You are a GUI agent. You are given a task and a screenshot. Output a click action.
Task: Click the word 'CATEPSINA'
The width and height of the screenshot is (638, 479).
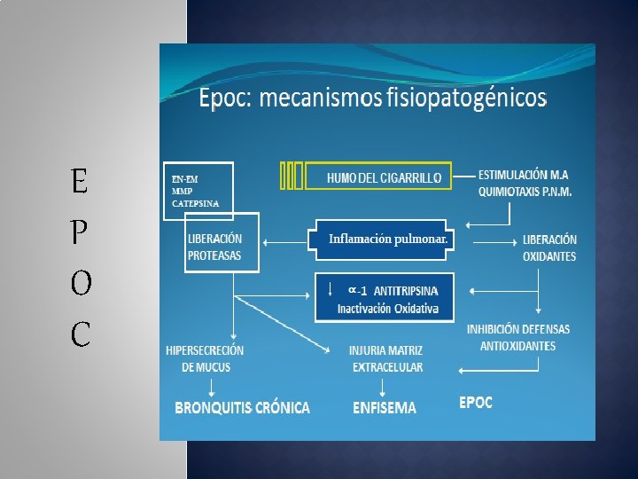195,203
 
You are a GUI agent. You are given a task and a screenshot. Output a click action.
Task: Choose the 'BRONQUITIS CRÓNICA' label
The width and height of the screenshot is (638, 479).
242,408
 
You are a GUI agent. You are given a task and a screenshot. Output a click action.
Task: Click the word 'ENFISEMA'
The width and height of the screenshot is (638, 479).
384,408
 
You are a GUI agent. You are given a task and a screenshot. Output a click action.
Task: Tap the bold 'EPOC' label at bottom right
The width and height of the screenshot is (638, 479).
476,403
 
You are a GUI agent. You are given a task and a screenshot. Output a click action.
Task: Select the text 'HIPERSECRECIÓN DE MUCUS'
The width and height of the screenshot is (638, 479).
205,359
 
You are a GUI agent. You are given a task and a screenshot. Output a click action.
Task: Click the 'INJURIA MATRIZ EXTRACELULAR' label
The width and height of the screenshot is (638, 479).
386,359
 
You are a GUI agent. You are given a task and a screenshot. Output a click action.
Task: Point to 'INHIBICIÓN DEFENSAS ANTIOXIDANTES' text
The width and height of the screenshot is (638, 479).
518,337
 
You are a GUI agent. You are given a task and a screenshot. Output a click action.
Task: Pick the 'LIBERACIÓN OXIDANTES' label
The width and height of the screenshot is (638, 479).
549,248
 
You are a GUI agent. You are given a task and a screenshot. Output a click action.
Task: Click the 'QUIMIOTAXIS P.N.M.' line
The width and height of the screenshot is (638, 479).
525,191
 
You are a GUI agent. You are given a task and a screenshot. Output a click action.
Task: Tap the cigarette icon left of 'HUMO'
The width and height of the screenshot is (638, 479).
292,177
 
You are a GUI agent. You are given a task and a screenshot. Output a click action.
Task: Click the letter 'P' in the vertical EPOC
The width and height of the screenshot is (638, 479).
79,233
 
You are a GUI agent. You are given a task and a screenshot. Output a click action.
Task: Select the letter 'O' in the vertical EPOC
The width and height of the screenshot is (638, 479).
79,284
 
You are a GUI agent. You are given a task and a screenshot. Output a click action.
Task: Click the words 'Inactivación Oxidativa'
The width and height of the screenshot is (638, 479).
387,309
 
